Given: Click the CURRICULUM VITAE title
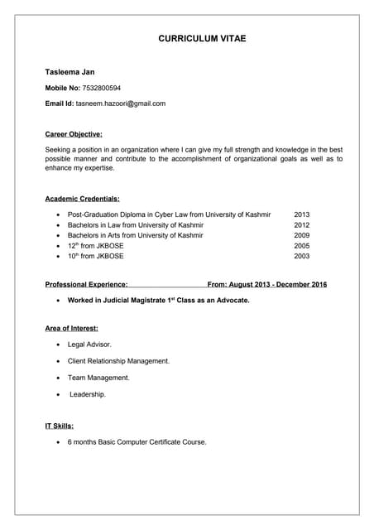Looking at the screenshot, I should pyautogui.click(x=202, y=39).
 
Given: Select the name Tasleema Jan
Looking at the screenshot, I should pyautogui.click(x=70, y=72).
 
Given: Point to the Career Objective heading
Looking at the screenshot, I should pyautogui.click(x=74, y=133).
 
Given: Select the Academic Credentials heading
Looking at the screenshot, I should pyautogui.click(x=82, y=199).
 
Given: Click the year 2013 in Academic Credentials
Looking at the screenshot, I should pyautogui.click(x=301, y=214).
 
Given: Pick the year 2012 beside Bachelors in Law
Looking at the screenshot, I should pyautogui.click(x=301, y=225).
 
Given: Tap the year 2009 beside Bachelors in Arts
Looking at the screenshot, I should pyautogui.click(x=301, y=235).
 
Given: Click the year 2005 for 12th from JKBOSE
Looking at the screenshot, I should pyautogui.click(x=301, y=246).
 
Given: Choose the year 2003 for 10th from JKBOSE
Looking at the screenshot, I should pyautogui.click(x=301, y=257).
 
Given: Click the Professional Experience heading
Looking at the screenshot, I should pyautogui.click(x=86, y=284).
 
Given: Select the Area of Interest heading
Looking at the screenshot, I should pyautogui.click(x=71, y=329).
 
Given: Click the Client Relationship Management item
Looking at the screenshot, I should pyautogui.click(x=118, y=361).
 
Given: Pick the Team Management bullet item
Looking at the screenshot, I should pyautogui.click(x=98, y=378).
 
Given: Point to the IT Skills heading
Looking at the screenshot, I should pyautogui.click(x=59, y=426).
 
